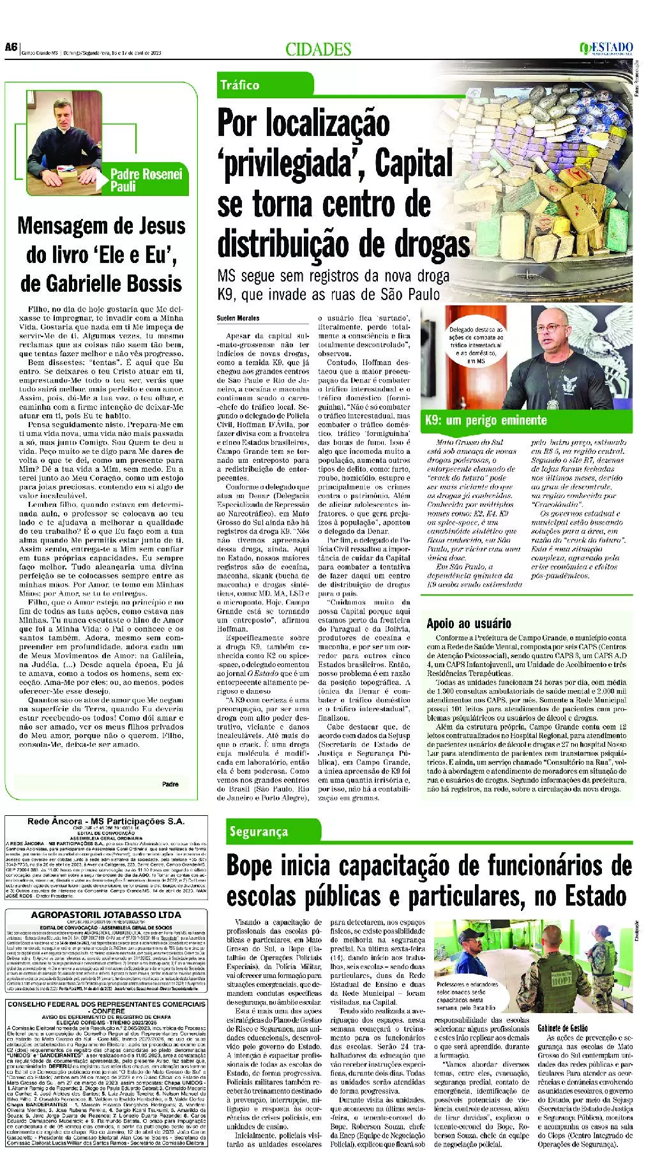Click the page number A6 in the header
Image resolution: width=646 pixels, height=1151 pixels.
(10, 47)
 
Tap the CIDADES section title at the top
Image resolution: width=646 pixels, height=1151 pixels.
(319, 49)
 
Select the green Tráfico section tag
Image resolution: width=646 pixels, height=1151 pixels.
(240, 85)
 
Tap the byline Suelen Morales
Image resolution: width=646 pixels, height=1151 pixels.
(238, 318)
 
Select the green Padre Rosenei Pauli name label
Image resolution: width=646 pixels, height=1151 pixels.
(146, 180)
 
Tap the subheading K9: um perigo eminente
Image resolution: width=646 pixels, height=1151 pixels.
(486, 420)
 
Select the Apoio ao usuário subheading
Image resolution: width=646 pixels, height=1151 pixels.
(469, 624)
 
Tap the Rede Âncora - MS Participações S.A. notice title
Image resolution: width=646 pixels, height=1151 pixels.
(106, 822)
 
